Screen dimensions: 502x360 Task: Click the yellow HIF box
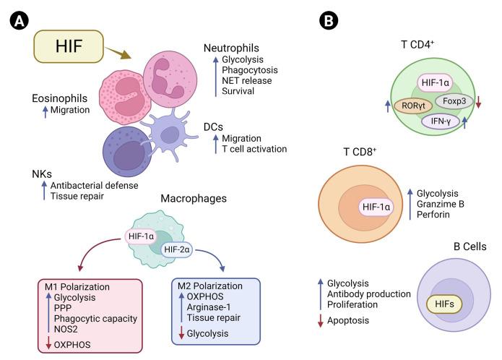[x=69, y=46]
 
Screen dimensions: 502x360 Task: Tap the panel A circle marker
[x=20, y=21]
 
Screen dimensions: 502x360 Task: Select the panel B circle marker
[x=329, y=21]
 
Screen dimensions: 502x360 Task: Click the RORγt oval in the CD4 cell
[x=413, y=106]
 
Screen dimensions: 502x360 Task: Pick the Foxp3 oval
[x=454, y=101]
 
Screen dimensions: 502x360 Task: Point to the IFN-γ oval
[x=441, y=121]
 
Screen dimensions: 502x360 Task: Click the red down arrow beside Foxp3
[x=478, y=102]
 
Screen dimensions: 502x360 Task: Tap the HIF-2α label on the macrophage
[x=177, y=249]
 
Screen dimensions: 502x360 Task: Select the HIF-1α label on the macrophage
[x=141, y=236]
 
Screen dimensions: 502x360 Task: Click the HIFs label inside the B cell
[x=444, y=304]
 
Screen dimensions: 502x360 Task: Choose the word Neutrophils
[x=231, y=48]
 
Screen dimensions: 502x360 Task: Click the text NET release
[x=246, y=80]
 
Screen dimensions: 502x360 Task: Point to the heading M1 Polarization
[x=77, y=287]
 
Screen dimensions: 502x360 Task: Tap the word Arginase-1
[x=209, y=307]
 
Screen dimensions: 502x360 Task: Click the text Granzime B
[x=440, y=204]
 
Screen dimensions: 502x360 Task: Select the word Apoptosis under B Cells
[x=348, y=321]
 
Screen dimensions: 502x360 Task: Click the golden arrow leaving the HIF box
[x=118, y=53]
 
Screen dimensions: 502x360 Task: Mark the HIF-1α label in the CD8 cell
[x=376, y=207]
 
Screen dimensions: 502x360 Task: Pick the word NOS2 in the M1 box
[x=66, y=329]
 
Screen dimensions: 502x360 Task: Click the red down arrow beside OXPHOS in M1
[x=48, y=343]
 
